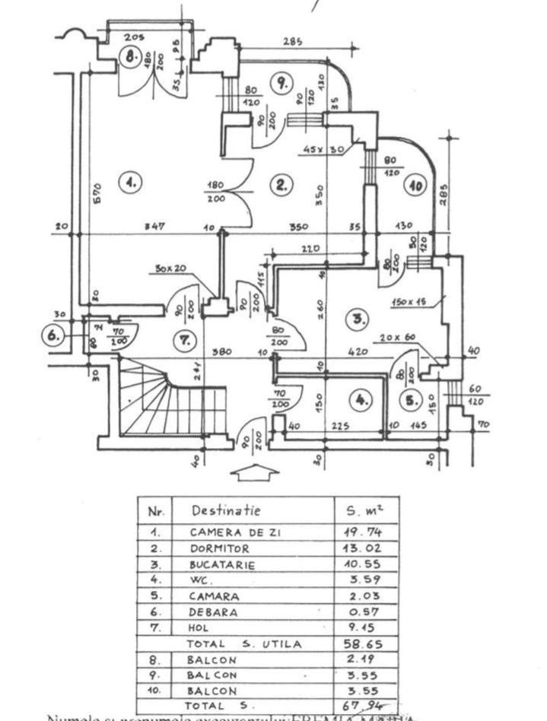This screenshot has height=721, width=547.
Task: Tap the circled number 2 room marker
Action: tap(281, 183)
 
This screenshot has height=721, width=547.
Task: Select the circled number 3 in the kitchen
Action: tap(356, 319)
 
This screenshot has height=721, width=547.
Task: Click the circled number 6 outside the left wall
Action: tap(52, 335)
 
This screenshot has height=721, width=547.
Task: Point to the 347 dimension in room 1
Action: tap(156, 227)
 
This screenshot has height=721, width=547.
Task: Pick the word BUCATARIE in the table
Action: tap(221, 564)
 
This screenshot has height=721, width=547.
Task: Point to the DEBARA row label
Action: tap(213, 611)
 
